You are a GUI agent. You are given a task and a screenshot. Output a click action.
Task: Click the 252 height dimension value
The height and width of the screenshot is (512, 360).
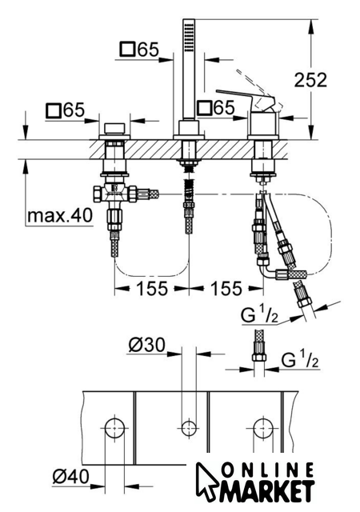click(310, 80)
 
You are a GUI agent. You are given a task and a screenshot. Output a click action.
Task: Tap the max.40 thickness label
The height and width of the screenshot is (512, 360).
click(60, 215)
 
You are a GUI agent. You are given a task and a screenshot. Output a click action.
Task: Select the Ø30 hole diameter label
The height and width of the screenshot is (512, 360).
click(146, 345)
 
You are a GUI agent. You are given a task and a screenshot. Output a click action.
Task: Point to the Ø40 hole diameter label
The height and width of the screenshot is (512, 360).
click(70, 478)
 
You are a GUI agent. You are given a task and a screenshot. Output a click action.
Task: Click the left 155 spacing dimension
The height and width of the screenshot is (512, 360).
click(152, 288)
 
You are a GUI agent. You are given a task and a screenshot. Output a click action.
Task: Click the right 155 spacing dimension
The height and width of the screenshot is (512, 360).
click(226, 288)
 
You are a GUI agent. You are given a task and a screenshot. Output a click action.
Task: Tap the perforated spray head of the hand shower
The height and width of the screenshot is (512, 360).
click(189, 35)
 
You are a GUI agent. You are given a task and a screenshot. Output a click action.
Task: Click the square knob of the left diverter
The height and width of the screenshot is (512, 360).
click(114, 128)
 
